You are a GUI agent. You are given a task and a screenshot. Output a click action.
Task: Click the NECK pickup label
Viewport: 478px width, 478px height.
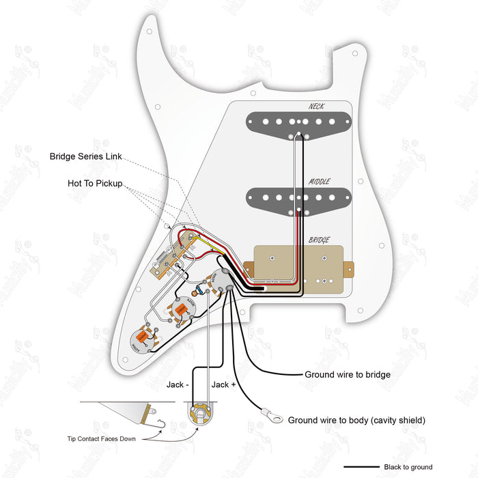315,107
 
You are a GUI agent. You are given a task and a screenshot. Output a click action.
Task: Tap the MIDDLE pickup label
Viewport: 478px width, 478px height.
320,182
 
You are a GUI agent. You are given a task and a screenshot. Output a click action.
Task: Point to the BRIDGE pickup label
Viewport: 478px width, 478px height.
319,240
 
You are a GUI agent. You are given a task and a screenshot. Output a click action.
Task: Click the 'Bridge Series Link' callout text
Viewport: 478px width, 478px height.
85,156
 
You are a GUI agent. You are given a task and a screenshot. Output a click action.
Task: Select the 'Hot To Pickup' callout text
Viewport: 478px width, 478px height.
95,184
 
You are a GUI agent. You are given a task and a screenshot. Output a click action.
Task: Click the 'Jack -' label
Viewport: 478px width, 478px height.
178,385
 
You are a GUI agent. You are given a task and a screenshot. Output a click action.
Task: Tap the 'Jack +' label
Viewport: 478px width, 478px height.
224,385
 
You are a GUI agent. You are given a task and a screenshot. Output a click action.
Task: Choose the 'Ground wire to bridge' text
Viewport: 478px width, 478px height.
347,375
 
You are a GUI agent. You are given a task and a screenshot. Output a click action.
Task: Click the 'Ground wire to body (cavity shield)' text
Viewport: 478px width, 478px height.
356,420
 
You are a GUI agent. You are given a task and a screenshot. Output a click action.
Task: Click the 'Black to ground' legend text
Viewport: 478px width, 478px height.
408,467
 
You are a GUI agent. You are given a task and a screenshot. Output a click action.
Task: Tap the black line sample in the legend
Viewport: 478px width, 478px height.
362,467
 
